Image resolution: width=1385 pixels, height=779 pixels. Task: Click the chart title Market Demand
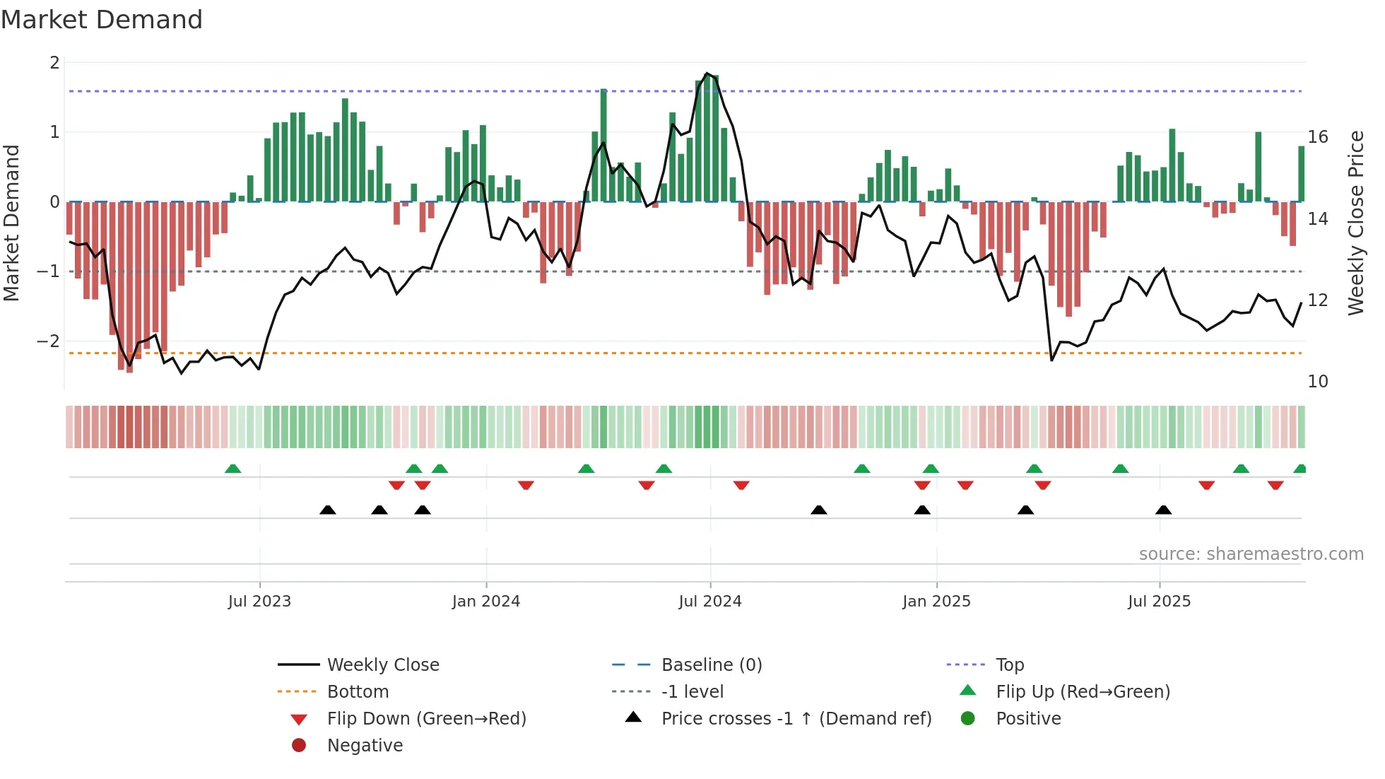(102, 20)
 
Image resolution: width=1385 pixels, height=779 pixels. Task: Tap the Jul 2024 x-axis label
(709, 602)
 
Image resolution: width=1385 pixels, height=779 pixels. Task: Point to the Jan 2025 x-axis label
(936, 602)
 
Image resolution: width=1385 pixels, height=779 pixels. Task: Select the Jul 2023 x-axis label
(259, 602)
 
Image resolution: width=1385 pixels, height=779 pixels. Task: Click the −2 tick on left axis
(49, 341)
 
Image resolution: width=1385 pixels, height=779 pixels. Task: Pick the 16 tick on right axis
(1318, 137)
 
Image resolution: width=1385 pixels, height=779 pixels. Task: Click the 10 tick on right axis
(1318, 382)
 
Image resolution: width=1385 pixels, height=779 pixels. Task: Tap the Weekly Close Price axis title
(1355, 223)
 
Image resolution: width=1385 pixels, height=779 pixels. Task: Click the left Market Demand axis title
(11, 223)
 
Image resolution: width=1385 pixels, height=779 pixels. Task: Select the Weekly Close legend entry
(382, 665)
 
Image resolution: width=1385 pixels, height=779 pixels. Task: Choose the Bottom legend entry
(358, 692)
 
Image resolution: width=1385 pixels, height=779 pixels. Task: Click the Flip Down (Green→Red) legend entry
(426, 719)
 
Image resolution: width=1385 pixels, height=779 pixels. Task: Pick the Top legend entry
(1010, 665)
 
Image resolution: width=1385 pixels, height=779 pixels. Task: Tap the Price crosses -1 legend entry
(796, 719)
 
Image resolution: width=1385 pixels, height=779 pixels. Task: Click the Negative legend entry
(365, 746)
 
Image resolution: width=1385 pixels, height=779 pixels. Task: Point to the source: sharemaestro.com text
(1251, 554)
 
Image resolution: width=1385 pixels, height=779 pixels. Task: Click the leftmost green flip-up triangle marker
(232, 469)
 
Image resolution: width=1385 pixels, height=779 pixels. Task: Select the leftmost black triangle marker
(327, 510)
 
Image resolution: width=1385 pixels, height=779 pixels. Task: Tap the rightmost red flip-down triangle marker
(1275, 485)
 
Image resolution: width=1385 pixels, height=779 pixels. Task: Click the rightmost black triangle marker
(1163, 510)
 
